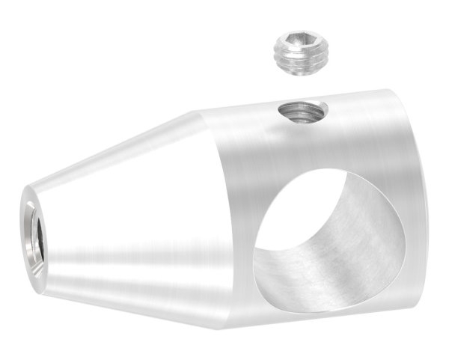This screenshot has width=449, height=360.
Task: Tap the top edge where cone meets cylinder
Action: [198, 112]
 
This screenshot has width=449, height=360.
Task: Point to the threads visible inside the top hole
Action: [307, 115]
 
